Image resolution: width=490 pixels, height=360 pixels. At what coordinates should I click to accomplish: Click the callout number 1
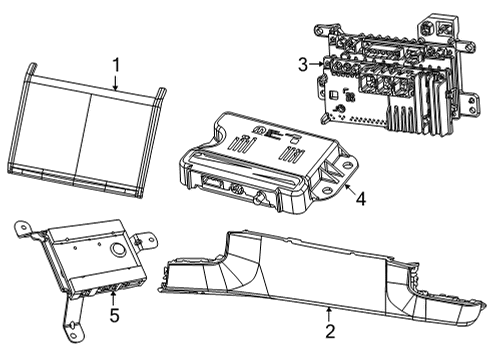tap(116, 66)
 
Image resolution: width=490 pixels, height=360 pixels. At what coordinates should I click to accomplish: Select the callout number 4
tap(360, 199)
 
